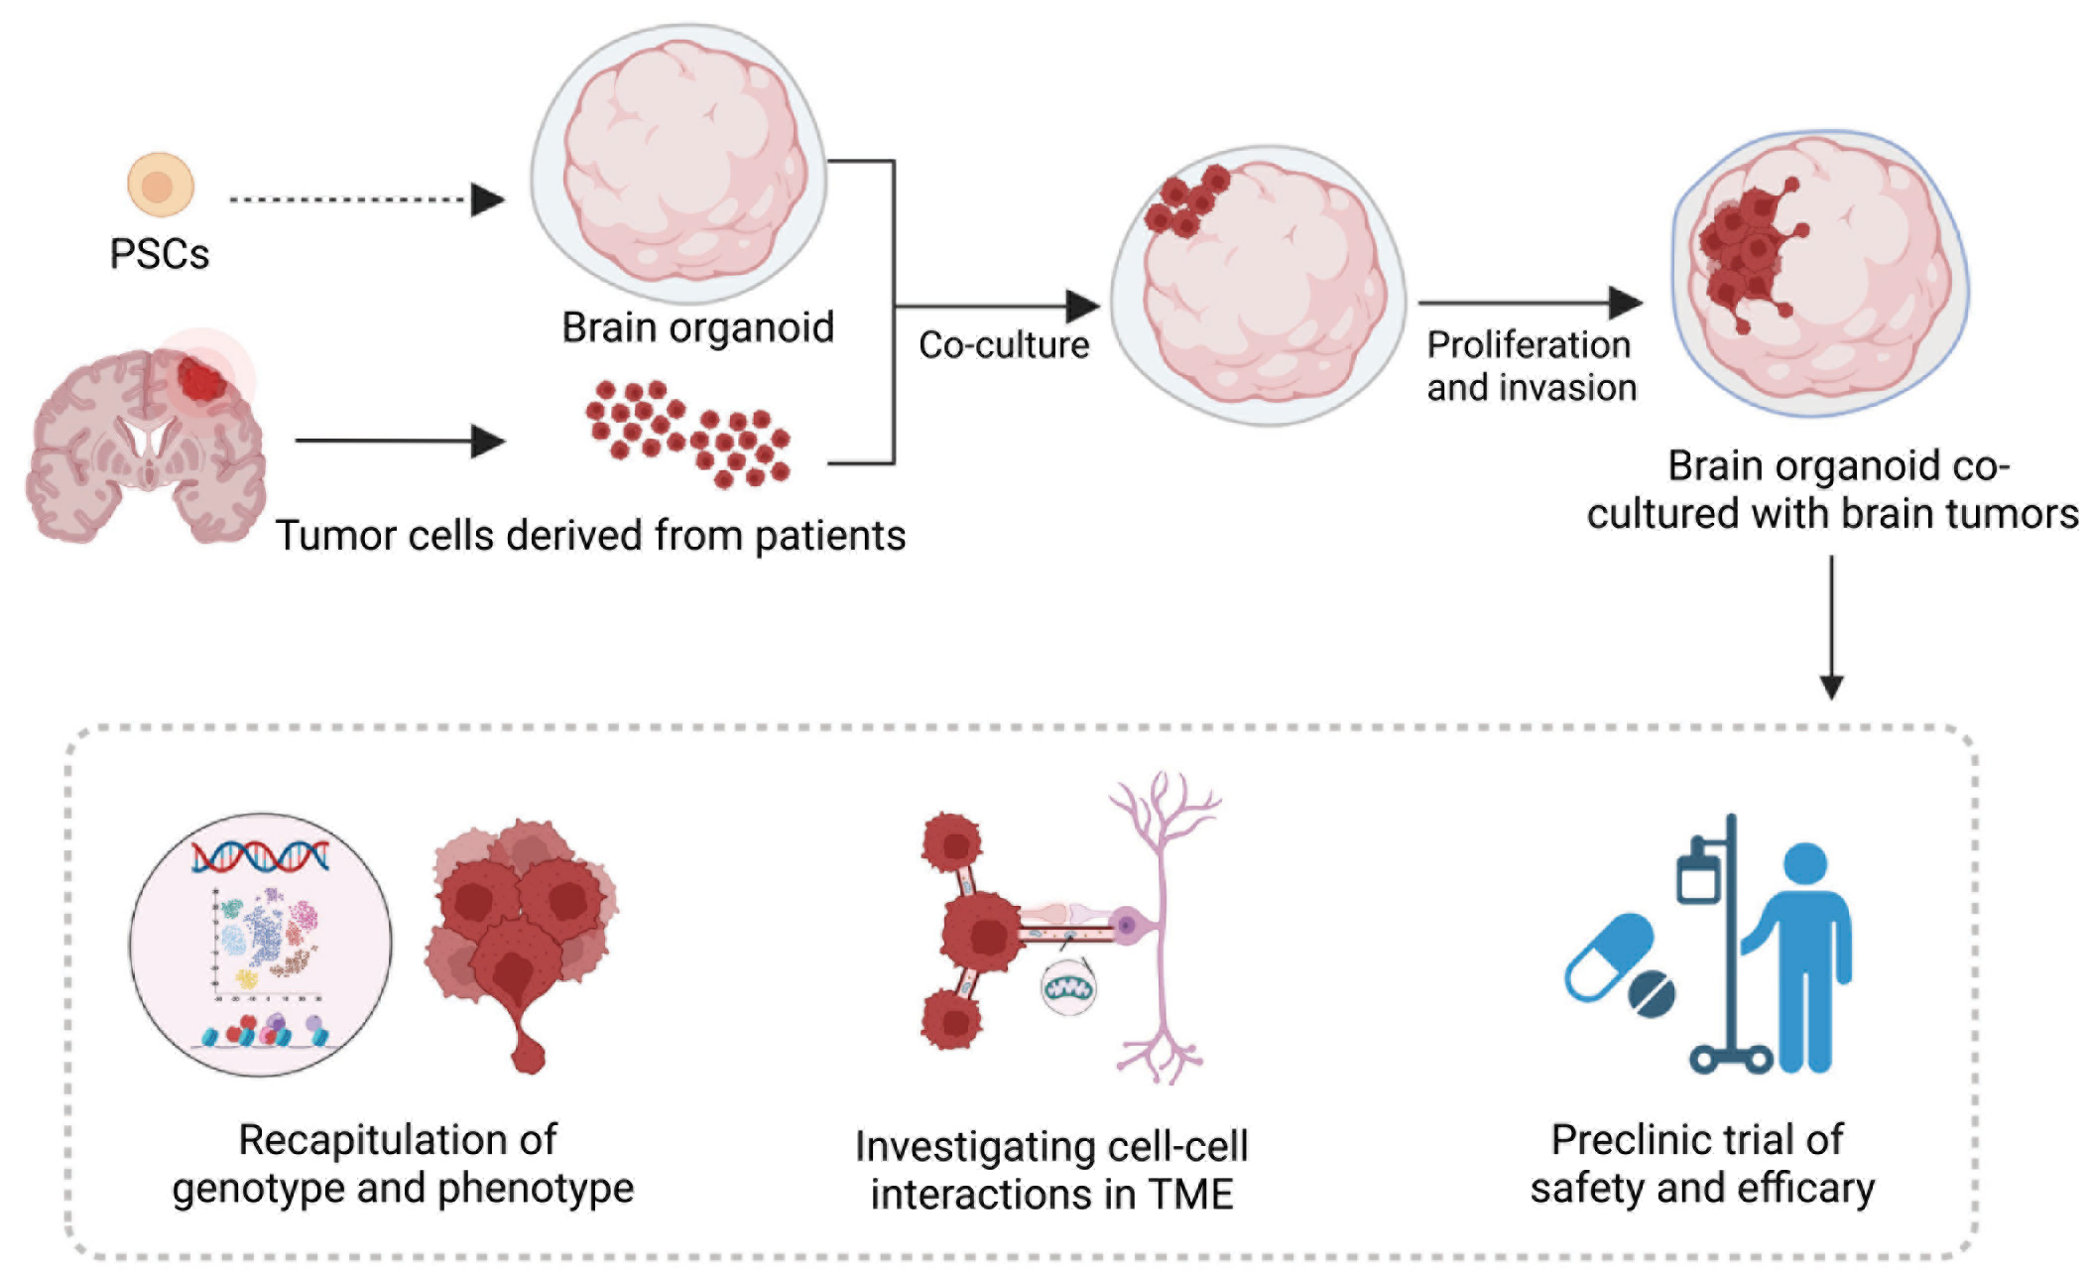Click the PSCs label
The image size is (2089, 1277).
(x=159, y=254)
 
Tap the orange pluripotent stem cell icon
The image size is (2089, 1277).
(x=160, y=185)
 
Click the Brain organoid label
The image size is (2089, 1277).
(x=697, y=327)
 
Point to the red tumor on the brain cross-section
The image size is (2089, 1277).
(x=201, y=379)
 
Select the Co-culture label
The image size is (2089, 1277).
(x=1003, y=345)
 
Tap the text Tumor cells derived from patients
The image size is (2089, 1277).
(x=590, y=536)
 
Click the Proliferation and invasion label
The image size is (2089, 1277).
(x=1531, y=366)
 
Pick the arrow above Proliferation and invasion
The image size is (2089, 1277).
(x=1529, y=303)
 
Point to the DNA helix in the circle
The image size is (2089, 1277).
(x=260, y=855)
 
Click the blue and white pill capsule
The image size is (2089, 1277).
(x=1608, y=958)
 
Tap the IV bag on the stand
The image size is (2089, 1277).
(x=1697, y=874)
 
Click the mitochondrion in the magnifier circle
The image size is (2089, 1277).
(x=1068, y=988)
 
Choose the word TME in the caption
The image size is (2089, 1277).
(x=1190, y=1194)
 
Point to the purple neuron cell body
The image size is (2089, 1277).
(x=1127, y=926)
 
